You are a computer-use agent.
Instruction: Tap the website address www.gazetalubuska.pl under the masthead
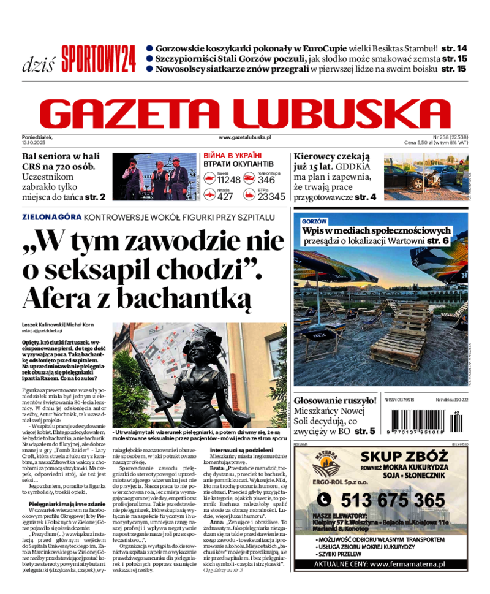[244, 138]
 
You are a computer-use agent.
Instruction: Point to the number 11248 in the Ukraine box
[228, 180]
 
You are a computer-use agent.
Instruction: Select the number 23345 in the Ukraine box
[271, 196]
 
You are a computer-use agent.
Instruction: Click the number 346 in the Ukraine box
[266, 180]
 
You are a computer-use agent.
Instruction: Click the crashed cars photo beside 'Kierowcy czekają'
[424, 177]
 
